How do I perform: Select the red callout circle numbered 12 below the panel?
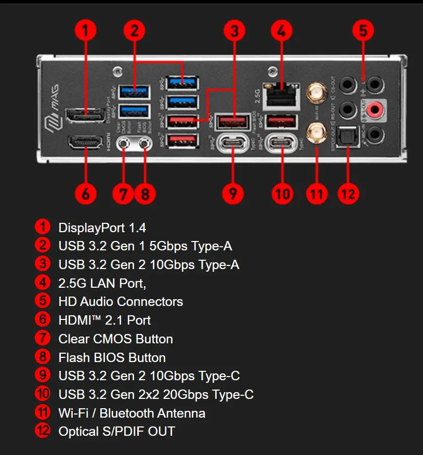click(x=348, y=194)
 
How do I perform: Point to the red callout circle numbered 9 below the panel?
click(x=233, y=194)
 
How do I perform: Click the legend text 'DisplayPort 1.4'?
click(x=102, y=228)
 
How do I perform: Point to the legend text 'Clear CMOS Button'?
click(x=115, y=339)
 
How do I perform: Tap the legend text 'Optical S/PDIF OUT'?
click(x=116, y=432)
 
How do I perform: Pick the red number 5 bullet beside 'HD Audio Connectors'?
click(x=43, y=301)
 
